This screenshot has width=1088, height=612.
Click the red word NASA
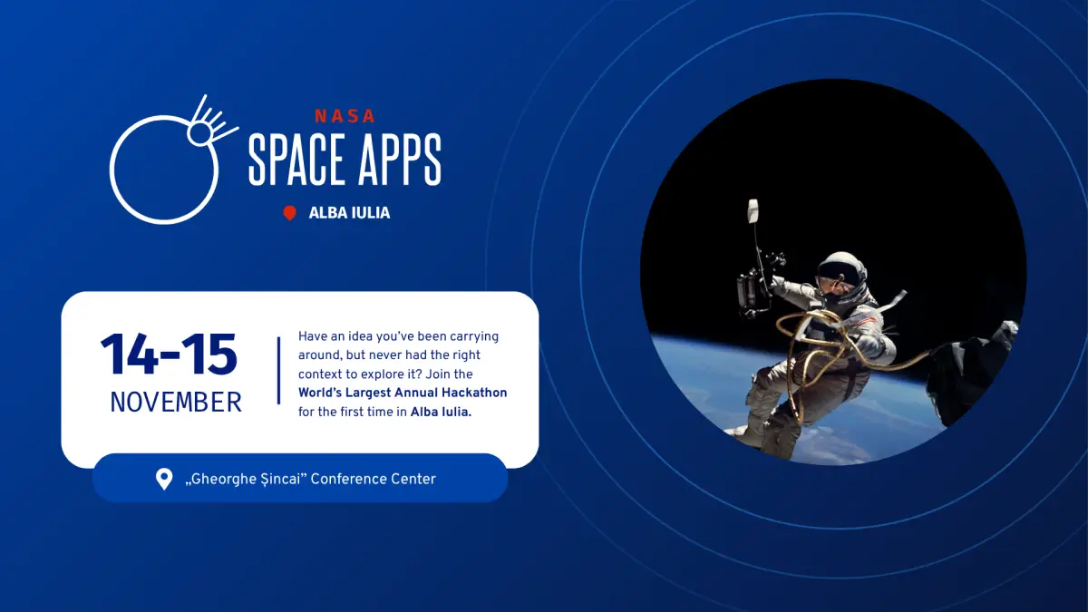tap(345, 116)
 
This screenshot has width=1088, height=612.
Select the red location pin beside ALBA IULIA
tap(289, 213)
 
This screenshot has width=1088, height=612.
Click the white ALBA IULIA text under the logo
tap(349, 213)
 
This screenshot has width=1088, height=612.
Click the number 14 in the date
tap(129, 355)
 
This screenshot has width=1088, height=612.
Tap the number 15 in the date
tap(209, 355)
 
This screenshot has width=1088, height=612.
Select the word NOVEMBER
tap(176, 403)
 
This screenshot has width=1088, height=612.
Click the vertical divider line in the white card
tap(279, 371)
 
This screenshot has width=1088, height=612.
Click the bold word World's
tap(320, 393)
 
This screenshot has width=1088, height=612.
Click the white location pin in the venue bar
tap(164, 479)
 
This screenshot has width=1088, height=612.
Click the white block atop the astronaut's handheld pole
tap(753, 211)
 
